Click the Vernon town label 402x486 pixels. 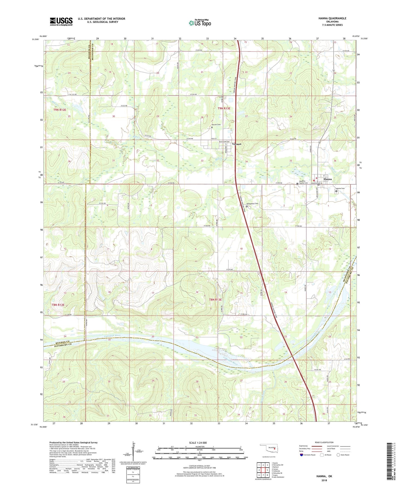coord(236,144)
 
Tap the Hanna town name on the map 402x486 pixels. coord(325,179)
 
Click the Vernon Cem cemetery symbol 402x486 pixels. coord(212,127)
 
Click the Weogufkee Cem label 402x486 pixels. coord(253,204)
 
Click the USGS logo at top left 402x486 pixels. coord(61,21)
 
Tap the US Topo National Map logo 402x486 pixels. coord(200,23)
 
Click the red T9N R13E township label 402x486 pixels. coord(224,108)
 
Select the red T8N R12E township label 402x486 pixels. coord(58,305)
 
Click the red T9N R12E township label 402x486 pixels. coord(60,110)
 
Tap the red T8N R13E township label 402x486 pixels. coord(215,300)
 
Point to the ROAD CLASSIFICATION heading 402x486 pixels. coord(324,442)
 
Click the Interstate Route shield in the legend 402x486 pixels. coord(302,455)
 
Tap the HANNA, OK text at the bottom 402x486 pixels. coord(324,476)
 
